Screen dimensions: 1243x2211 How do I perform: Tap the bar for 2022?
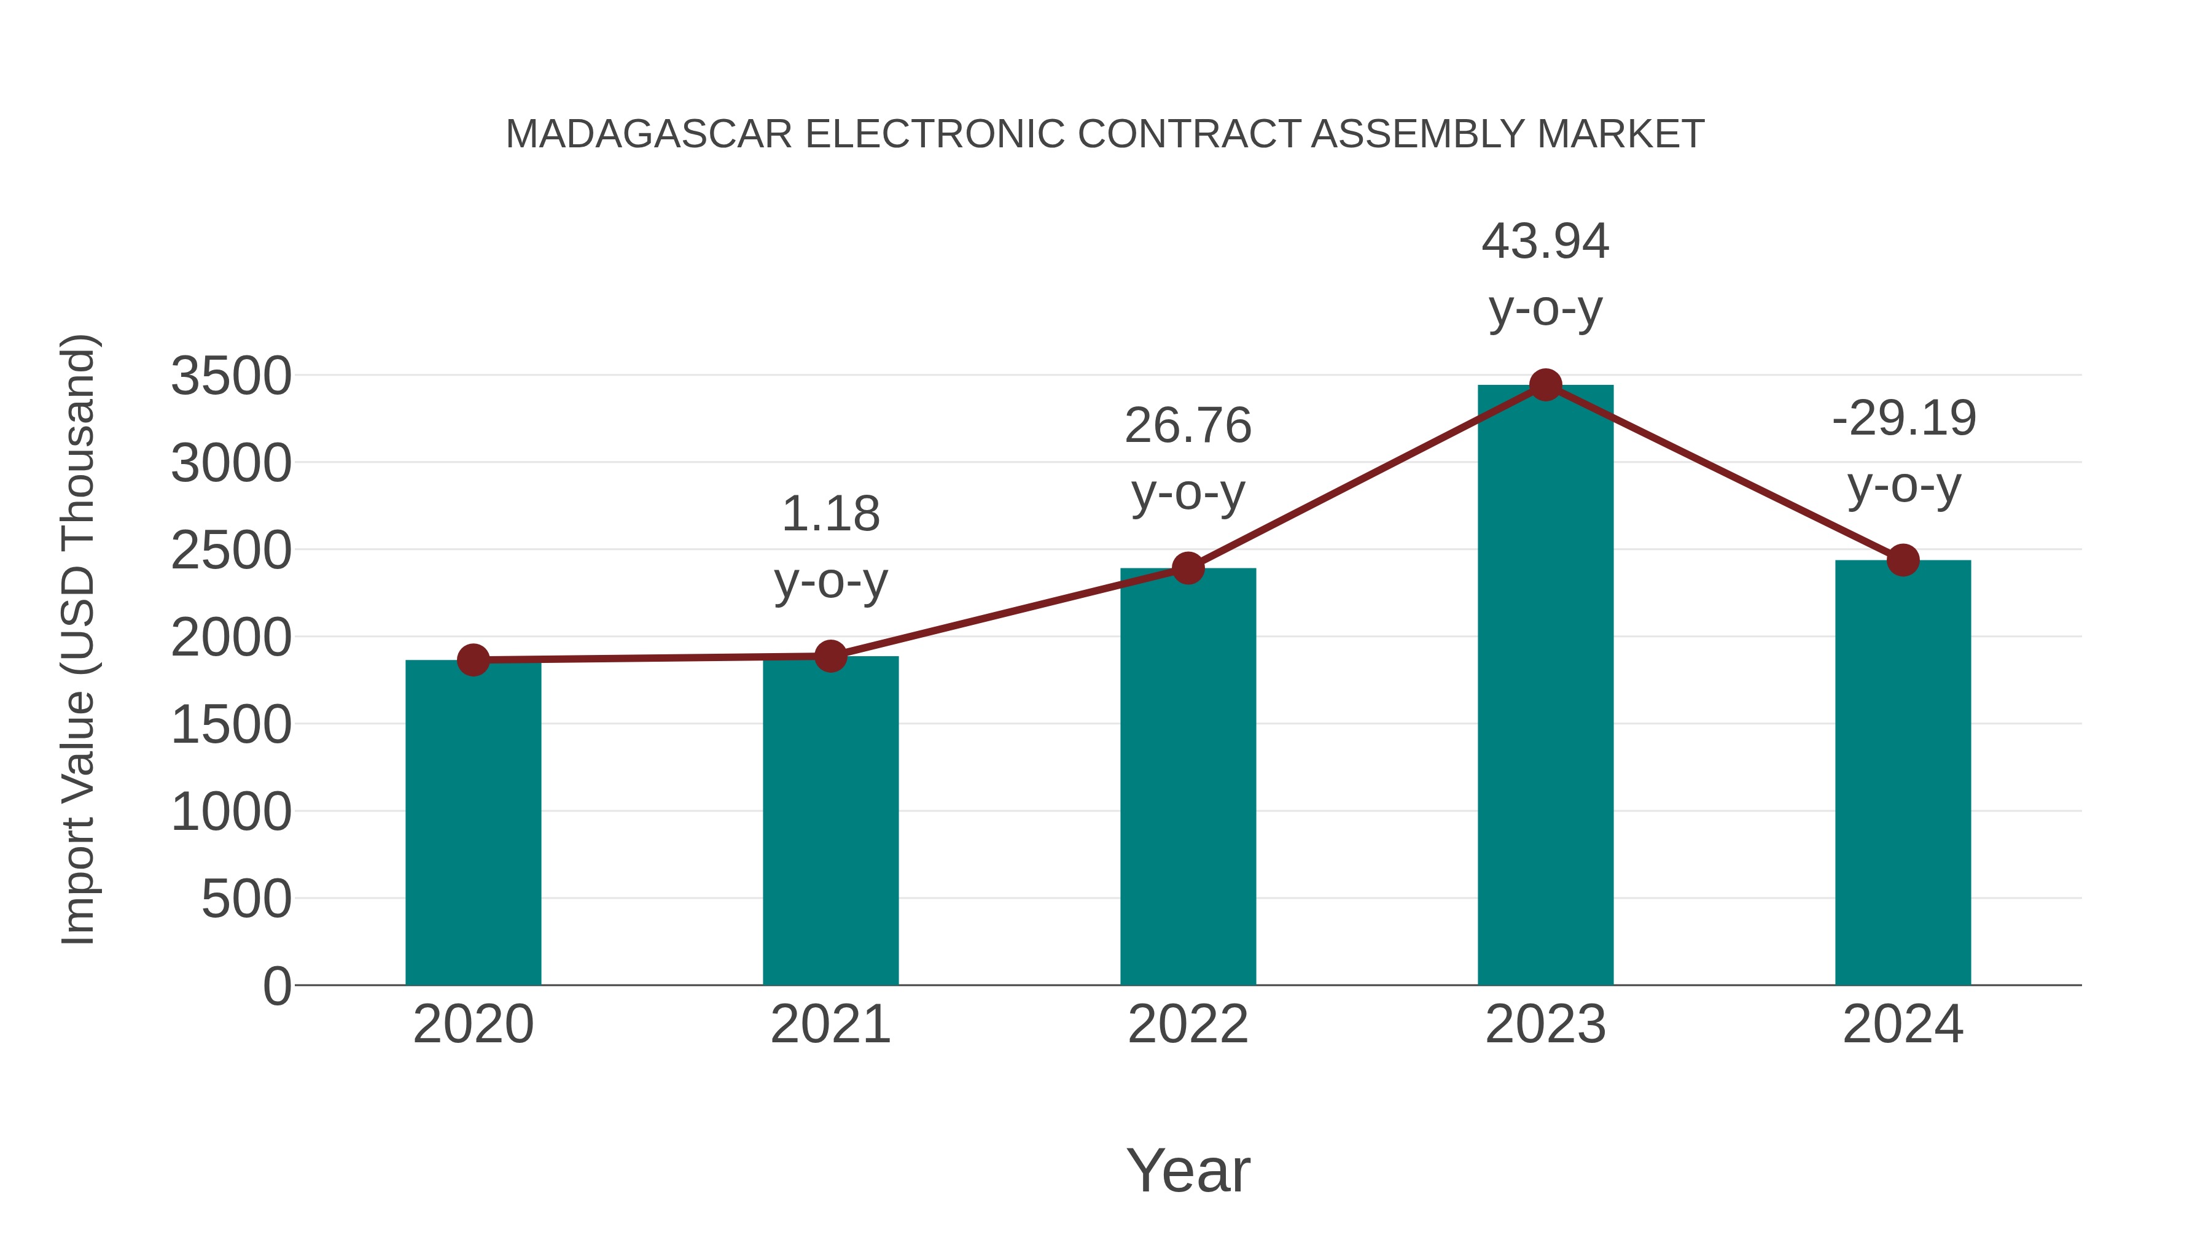pos(1188,776)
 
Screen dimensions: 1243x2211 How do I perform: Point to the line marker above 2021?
pos(830,656)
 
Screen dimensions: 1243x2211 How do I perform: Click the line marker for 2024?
pos(1903,560)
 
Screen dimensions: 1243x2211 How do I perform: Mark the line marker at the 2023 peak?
pos(1545,385)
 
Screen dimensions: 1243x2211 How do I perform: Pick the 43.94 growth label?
pos(1545,242)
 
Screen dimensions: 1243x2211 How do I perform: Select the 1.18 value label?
pos(830,515)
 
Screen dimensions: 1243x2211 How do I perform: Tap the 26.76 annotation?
pos(1188,427)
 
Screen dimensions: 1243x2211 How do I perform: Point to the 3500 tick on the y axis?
pos(231,377)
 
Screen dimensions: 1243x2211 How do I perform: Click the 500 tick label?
pos(246,900)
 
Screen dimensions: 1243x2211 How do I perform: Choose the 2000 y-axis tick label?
pos(231,638)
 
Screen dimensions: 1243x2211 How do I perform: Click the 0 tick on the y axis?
pos(276,986)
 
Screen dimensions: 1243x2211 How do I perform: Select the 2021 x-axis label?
pos(830,1025)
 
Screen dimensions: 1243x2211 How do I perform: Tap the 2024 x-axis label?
pos(1903,1025)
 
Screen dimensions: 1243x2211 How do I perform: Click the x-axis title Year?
pos(1188,1171)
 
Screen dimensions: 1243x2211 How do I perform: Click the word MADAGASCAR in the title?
pos(649,134)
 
